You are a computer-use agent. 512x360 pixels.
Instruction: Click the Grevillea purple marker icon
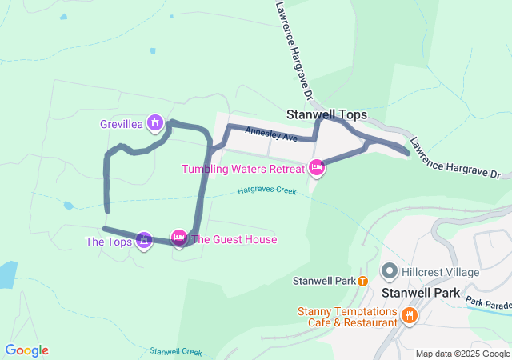155,123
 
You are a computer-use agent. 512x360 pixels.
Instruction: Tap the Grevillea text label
122,124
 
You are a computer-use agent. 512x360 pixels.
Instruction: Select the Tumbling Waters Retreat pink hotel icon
316,168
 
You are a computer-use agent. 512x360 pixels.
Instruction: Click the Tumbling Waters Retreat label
243,169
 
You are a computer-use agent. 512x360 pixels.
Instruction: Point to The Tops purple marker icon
144,238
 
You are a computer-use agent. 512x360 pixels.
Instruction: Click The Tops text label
109,241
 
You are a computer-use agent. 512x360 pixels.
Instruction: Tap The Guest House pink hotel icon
179,237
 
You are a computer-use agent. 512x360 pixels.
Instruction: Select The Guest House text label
234,239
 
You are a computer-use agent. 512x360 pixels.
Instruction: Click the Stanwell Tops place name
326,114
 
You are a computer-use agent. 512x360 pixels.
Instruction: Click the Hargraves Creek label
267,191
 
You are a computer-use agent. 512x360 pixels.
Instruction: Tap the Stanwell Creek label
175,351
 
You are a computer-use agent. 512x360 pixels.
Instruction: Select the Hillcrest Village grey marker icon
390,272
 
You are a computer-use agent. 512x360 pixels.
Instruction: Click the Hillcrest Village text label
441,272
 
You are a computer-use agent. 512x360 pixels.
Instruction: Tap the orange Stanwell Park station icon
362,281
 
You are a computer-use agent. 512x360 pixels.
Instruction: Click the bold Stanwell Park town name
421,293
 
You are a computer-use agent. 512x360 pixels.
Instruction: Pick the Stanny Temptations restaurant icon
409,315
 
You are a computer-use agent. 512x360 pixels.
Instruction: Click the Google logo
26,350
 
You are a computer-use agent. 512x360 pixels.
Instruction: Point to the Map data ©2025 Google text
462,354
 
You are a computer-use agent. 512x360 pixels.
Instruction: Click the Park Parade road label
488,304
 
